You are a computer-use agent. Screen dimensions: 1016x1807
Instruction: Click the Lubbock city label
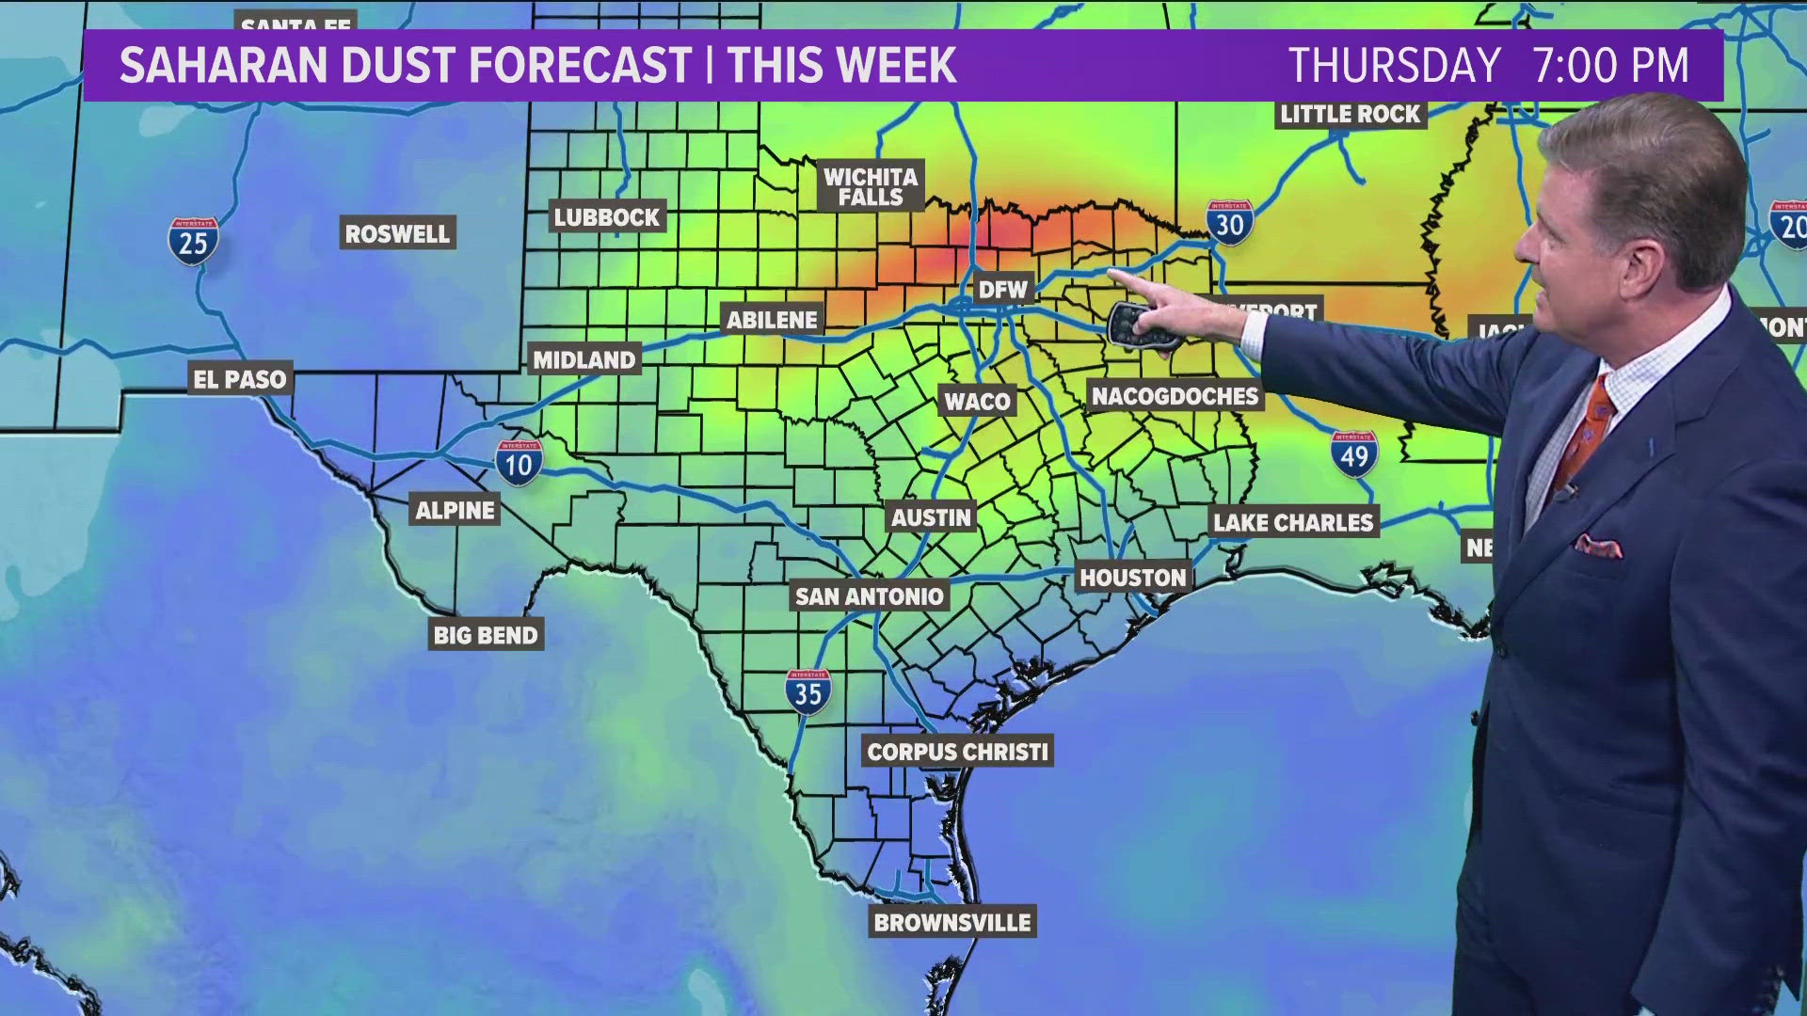[607, 217]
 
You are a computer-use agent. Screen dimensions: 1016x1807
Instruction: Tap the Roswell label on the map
[397, 234]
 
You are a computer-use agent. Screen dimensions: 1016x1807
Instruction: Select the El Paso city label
[240, 379]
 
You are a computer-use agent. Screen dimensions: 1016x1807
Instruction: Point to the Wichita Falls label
[871, 186]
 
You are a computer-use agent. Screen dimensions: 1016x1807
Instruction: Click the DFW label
[1002, 289]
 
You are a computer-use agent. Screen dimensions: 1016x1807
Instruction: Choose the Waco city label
[977, 402]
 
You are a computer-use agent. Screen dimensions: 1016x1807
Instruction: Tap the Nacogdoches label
[1175, 396]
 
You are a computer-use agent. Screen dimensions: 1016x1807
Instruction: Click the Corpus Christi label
[957, 752]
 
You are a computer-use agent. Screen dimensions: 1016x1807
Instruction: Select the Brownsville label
[952, 923]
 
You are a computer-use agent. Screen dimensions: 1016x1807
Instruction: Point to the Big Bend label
[486, 636]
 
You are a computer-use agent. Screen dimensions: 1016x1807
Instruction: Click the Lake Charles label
[1293, 523]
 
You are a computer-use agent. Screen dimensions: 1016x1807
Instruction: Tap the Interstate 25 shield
[193, 241]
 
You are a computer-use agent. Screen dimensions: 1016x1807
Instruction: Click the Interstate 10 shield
[519, 463]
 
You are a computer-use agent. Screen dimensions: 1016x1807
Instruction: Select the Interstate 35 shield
[808, 692]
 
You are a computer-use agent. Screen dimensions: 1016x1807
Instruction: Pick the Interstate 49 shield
[1354, 454]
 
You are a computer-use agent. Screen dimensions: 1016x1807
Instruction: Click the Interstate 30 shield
[1229, 223]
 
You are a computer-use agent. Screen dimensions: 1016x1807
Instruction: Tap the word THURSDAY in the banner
[1394, 66]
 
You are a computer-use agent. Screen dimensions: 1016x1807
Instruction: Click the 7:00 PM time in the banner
[1610, 66]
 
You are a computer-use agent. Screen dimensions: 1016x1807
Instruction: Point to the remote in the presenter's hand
[1142, 326]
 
